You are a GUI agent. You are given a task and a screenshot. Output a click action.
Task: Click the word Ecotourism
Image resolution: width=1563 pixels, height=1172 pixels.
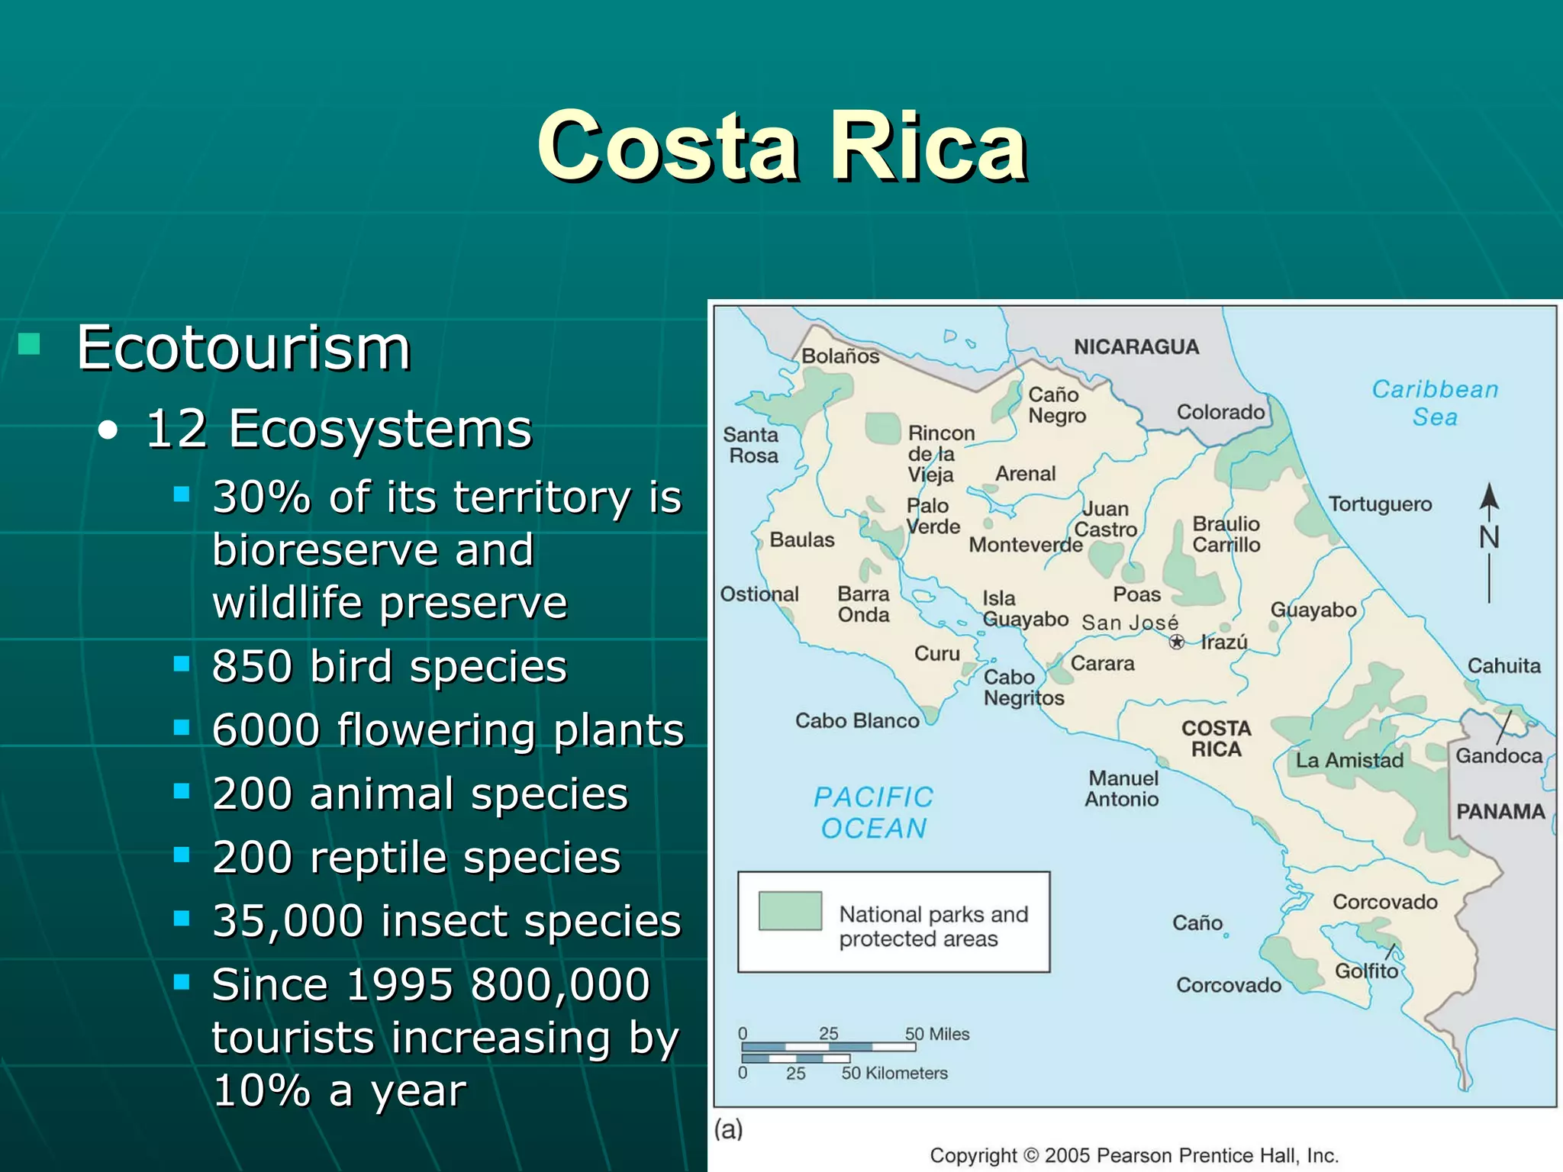[x=243, y=348]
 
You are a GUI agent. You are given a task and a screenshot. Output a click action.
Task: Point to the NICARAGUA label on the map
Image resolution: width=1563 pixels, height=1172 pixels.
[x=1136, y=347]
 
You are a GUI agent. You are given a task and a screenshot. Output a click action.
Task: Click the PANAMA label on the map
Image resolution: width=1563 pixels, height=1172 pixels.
[x=1500, y=811]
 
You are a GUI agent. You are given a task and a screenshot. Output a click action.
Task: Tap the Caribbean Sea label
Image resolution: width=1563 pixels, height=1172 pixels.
[x=1435, y=403]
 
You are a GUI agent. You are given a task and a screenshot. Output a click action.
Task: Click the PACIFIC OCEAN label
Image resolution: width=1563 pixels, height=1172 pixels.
[x=874, y=813]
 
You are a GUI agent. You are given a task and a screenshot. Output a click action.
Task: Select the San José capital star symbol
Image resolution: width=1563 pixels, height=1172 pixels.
[x=1177, y=642]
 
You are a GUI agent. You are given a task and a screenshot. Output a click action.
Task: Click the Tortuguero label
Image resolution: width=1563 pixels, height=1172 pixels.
[x=1380, y=504]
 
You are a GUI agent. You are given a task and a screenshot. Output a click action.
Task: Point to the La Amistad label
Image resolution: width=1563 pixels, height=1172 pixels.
[x=1349, y=760]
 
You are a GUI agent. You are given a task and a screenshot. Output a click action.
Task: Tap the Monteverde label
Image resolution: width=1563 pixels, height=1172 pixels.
[x=1025, y=545]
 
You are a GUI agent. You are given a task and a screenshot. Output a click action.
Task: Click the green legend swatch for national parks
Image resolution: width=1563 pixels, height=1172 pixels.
[x=790, y=910]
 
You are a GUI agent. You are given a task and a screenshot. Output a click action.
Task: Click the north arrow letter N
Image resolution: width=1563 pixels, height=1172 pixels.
[x=1489, y=537]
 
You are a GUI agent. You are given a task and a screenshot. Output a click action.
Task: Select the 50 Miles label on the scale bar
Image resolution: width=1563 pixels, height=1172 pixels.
[x=937, y=1034]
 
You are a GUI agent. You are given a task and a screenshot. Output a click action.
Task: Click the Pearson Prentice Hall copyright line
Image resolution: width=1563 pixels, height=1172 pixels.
[x=1134, y=1155]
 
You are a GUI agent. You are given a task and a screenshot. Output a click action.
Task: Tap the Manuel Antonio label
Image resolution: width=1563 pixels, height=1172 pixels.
[x=1122, y=789]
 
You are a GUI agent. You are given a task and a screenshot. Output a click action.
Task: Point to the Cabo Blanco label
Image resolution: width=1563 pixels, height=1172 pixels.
[x=856, y=721]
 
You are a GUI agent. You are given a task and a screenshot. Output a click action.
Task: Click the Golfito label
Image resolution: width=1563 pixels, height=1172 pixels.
[x=1365, y=971]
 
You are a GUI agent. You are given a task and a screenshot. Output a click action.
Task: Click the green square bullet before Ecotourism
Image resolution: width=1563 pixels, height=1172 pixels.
[x=29, y=344]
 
